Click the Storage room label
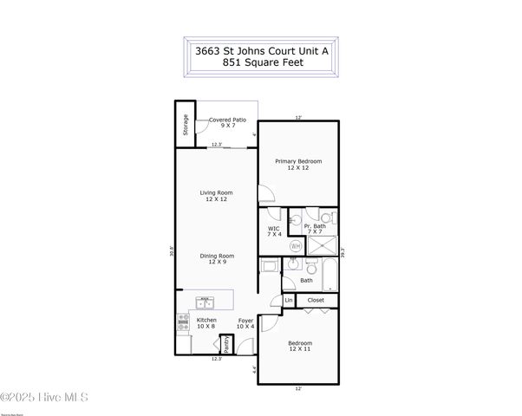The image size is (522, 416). coord(185,126)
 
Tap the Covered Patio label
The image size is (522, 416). coord(228,123)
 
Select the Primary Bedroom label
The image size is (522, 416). coord(298,164)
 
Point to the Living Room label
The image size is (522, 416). coord(216,197)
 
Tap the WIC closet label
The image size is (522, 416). coord(274,231)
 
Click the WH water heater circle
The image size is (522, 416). coord(295,246)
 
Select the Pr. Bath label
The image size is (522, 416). coord(314,229)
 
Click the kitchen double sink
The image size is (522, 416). coord(206,302)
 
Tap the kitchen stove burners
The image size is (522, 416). coord(183,322)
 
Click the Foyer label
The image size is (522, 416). coord(246,323)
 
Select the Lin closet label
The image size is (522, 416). coord(288,301)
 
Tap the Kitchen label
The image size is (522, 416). coord(206,323)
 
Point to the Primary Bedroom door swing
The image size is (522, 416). coord(264,195)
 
